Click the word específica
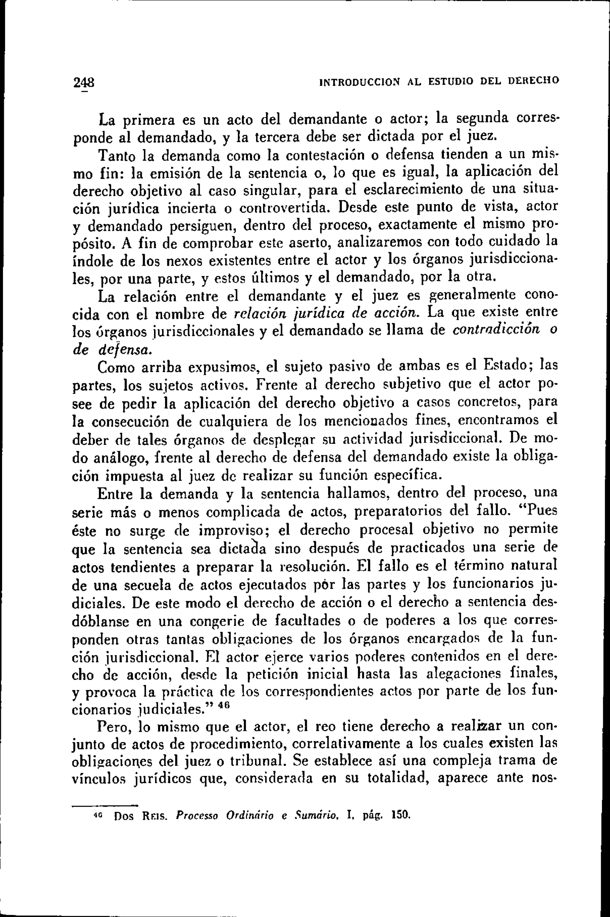tap(408, 475)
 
